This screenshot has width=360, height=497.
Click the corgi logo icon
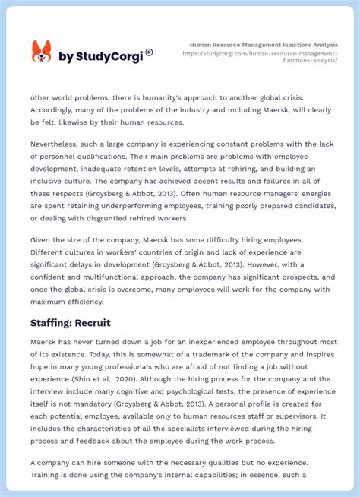coord(41,52)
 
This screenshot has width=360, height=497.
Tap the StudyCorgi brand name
coord(104,57)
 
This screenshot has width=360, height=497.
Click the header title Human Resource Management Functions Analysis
coord(264,45)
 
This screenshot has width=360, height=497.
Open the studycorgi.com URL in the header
coord(272,57)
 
